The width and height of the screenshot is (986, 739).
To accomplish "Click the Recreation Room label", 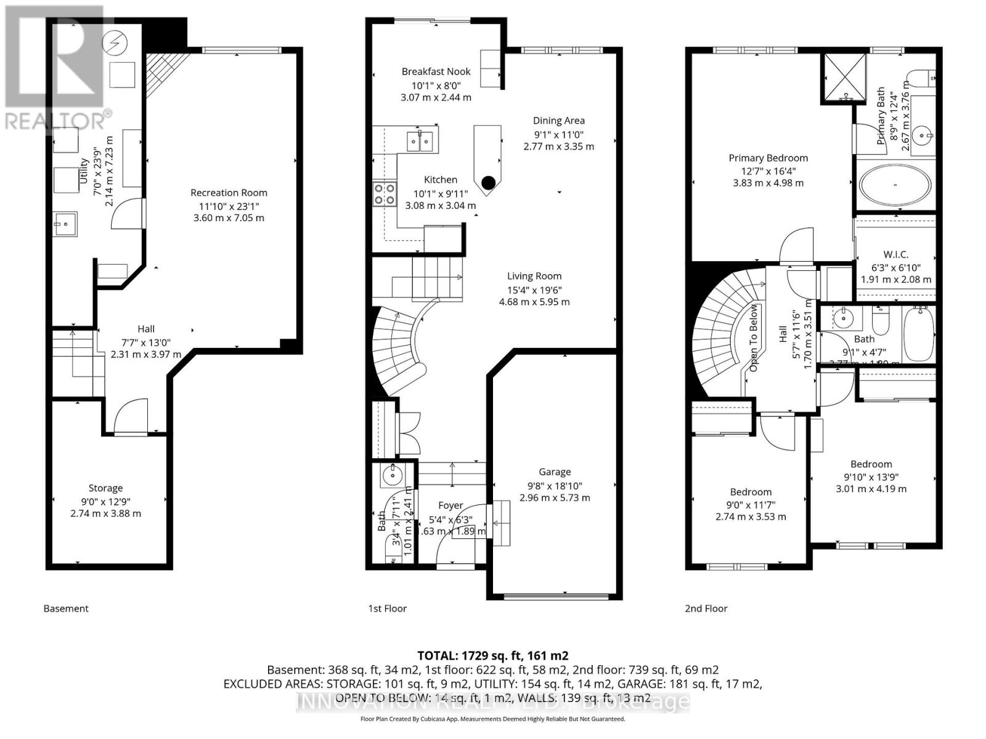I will (229, 193).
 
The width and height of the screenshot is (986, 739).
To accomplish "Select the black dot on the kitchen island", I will (489, 182).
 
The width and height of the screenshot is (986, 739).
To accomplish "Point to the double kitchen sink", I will (421, 141).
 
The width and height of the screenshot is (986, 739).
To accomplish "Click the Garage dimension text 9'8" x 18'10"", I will (555, 485).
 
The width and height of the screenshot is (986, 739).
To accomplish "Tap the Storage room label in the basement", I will (105, 488).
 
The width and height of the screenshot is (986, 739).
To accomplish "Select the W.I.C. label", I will (895, 254).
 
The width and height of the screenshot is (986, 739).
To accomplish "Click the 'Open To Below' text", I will (753, 337).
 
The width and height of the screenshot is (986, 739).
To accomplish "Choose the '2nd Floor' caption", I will (706, 608).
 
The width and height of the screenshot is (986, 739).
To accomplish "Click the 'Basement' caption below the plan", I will (66, 608).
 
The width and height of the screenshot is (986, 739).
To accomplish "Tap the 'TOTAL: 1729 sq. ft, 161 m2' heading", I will (492, 656).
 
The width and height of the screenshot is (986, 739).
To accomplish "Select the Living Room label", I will (534, 277).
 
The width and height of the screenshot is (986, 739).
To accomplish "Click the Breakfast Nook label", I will (436, 72).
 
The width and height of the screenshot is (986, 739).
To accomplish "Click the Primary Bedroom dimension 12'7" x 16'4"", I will (768, 171).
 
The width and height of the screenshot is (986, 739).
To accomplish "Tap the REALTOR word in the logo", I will (55, 120).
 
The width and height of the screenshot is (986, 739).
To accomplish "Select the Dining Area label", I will (558, 121).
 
